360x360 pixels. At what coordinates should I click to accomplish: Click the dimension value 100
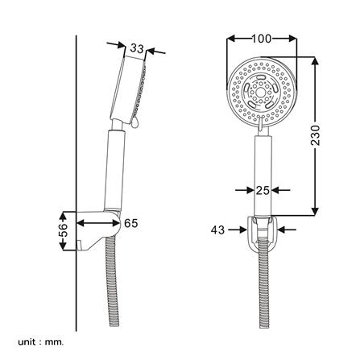(x=262, y=38)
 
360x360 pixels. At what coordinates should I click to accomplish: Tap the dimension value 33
(x=137, y=49)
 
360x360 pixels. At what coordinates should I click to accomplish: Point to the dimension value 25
(x=263, y=191)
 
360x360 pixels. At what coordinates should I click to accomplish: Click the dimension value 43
(x=217, y=230)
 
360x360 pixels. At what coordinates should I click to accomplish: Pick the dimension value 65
(x=130, y=222)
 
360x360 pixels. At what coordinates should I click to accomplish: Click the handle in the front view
(x=262, y=173)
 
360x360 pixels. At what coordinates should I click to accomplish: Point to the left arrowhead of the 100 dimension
(x=231, y=38)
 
